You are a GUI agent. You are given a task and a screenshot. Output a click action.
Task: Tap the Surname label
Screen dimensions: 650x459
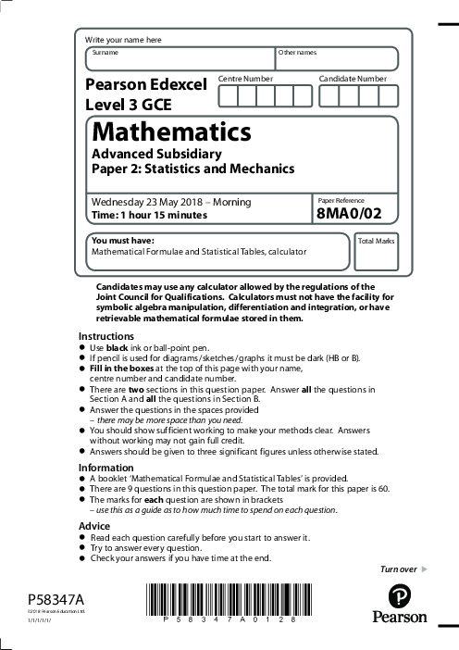tap(101, 53)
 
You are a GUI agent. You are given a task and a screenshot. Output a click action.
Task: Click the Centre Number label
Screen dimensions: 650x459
tap(245, 79)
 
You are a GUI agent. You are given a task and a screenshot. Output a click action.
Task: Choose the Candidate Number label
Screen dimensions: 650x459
tap(353, 79)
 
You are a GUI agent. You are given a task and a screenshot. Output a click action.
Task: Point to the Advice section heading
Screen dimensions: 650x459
tap(94, 525)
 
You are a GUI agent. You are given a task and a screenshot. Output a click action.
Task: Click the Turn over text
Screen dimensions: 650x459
tap(399, 568)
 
